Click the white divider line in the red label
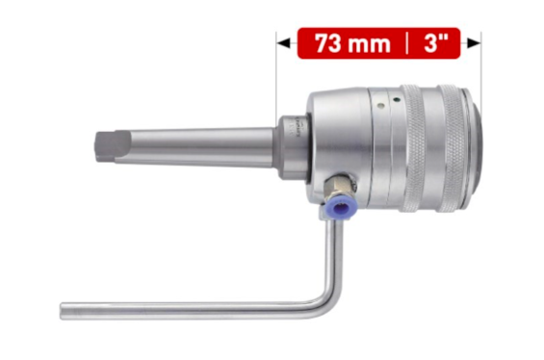tap(407, 43)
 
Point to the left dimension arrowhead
tap(282, 43)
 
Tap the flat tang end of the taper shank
tap(105, 146)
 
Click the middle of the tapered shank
tap(193, 144)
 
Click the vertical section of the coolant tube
tap(334, 255)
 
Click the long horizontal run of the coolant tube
tap(193, 309)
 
